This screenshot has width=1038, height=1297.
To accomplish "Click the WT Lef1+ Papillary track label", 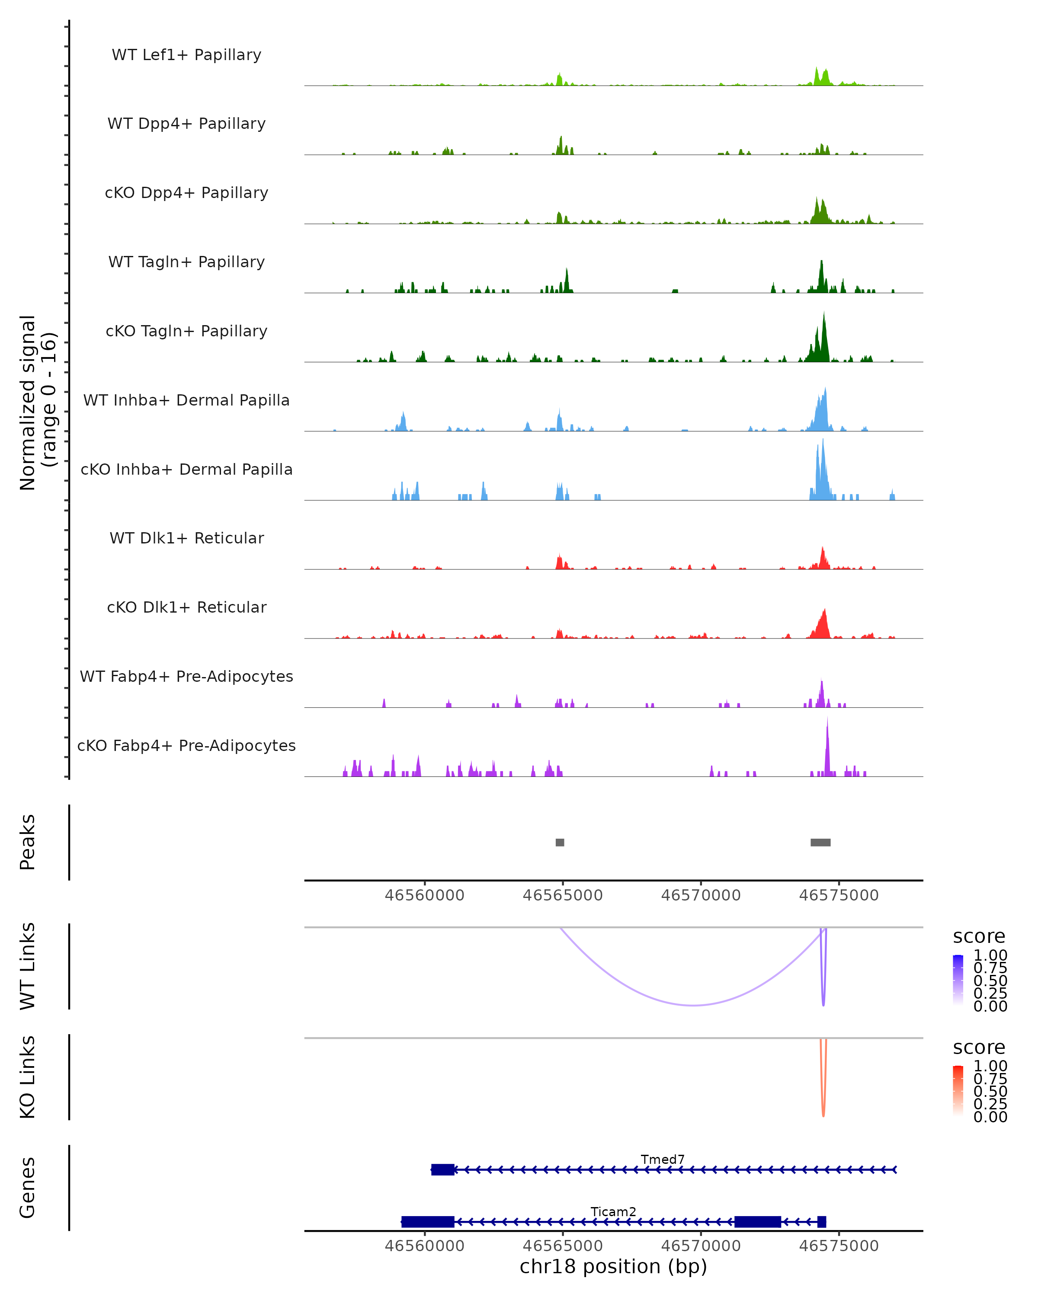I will (186, 55).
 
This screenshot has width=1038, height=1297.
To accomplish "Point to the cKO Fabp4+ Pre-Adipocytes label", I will (186, 745).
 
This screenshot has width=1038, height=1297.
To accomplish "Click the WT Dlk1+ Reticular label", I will (186, 538).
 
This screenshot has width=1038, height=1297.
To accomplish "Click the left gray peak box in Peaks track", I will (560, 842).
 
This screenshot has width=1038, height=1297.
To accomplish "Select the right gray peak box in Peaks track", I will (820, 842).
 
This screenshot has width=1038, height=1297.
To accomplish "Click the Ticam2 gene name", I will (613, 1211).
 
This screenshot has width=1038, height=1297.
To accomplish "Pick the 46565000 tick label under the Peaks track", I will (563, 895).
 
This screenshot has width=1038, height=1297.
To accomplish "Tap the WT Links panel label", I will (28, 966).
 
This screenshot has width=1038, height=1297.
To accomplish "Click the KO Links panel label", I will (28, 1077).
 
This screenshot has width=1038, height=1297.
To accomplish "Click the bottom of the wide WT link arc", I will (694, 1005).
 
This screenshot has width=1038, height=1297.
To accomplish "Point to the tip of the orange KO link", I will (823, 1116).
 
